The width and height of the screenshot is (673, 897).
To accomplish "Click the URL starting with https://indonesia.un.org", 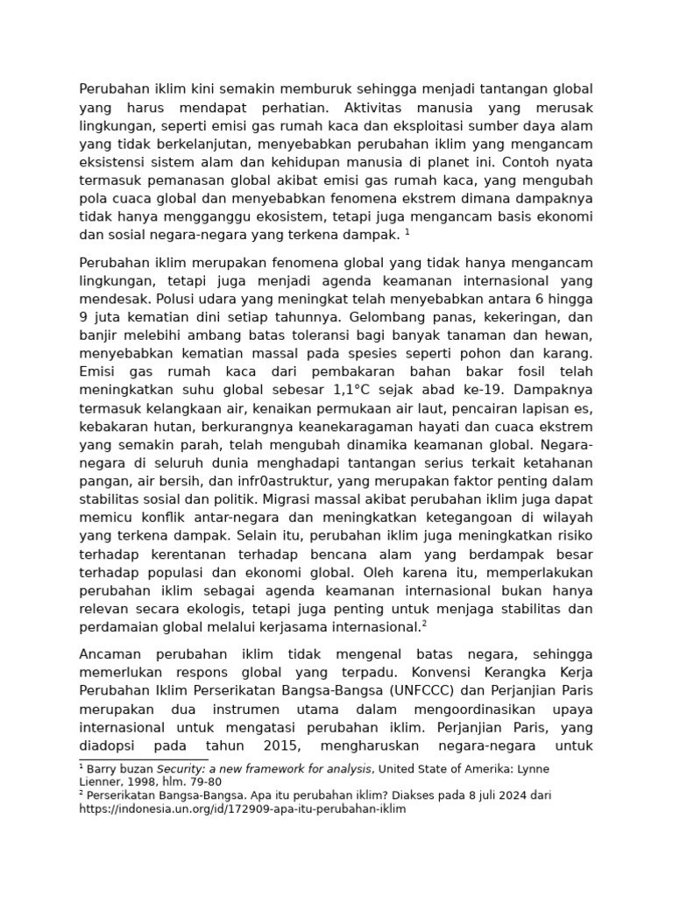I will point(243,809).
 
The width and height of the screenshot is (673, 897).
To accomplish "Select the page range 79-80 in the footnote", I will point(205,781).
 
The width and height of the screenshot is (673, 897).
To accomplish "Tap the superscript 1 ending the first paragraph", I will point(407,231).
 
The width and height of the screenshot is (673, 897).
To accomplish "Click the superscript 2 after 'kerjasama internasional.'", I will point(424,623).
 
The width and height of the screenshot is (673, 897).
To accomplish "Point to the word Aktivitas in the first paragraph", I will point(365,108).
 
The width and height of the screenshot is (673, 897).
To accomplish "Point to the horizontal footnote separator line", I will point(143,759).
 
